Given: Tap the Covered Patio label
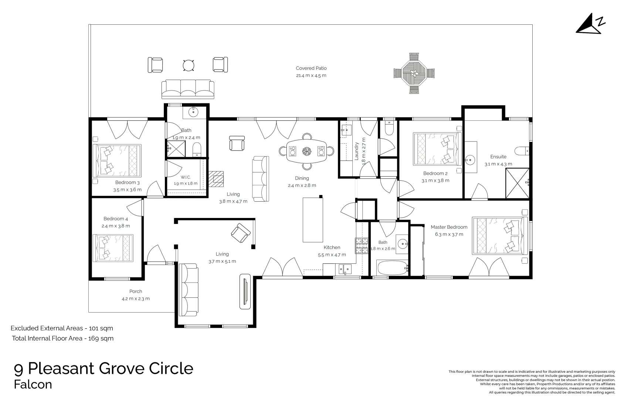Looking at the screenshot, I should [311, 68].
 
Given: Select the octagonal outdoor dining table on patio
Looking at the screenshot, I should [414, 74].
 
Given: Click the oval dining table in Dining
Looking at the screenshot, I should [306, 151].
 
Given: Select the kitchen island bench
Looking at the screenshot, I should [311, 219].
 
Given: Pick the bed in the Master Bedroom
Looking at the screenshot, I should [499, 236].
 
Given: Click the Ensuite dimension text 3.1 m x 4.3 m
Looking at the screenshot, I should [498, 164].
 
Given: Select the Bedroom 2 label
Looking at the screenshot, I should [435, 173].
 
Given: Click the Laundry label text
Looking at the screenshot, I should [357, 151].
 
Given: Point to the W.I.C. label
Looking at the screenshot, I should [186, 177].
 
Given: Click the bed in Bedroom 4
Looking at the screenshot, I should [112, 248].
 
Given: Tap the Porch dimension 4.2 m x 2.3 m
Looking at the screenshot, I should [136, 299].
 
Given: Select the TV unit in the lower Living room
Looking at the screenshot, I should [245, 291].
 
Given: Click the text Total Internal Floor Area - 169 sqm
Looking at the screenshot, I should [62, 338].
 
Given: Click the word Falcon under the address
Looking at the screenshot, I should [33, 385].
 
